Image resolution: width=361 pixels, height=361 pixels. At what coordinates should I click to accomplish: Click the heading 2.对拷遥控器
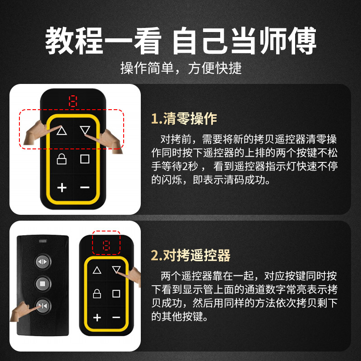tap(190, 255)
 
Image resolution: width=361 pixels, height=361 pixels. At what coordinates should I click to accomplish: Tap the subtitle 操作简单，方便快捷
tap(181, 68)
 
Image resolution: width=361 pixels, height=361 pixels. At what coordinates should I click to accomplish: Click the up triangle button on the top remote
tap(62, 131)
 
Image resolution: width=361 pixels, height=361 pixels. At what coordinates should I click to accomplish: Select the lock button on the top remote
tap(62, 159)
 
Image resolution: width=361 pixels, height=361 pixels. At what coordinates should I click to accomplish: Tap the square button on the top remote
tap(85, 159)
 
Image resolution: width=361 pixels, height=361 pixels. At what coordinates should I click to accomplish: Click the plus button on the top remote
tap(62, 187)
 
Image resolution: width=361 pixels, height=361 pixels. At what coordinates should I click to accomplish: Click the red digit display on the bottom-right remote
tap(106, 246)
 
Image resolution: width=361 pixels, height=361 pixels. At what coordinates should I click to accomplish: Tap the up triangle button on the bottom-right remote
tap(97, 271)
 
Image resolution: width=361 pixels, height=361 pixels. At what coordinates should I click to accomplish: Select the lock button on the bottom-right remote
tap(97, 294)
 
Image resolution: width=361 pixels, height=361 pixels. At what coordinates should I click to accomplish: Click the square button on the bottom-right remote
tap(116, 294)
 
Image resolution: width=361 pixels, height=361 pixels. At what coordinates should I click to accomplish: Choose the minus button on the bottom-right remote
tap(116, 318)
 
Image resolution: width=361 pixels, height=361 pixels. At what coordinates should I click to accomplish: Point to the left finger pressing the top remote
tap(38, 135)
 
